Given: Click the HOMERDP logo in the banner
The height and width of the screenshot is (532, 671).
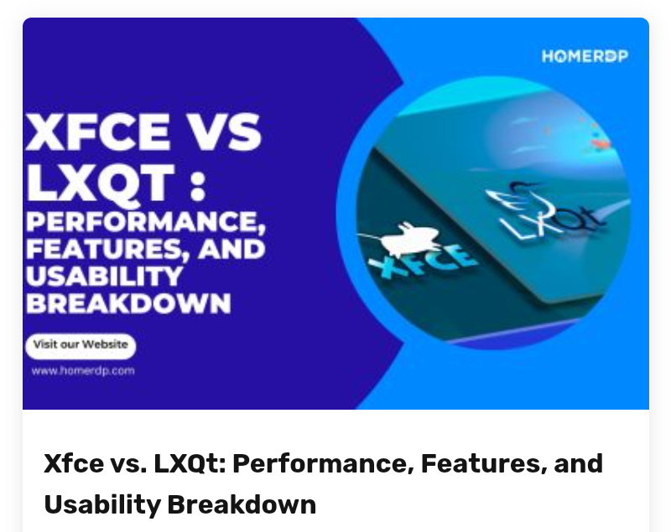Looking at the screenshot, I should (585, 56).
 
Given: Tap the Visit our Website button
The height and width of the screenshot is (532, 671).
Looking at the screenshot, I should (81, 344).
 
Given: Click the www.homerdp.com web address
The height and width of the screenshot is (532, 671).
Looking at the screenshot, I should (83, 369).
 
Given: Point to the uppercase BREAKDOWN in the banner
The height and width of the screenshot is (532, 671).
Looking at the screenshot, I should (128, 302).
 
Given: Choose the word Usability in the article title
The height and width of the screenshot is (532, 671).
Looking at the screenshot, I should (101, 504).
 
